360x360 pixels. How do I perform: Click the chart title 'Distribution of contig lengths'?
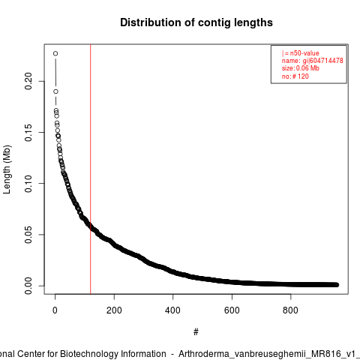coord(196,22)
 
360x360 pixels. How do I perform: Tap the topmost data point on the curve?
coord(55,53)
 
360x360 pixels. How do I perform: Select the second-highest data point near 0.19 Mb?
coord(55,91)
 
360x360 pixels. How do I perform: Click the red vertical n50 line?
coord(90,169)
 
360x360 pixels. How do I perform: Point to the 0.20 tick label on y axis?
coord(28,81)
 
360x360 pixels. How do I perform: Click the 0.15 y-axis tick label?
coord(28,132)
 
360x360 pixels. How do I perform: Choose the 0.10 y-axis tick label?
coord(28,184)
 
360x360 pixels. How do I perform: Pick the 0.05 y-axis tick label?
coord(28,235)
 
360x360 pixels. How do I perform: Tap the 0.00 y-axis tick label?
coord(28,286)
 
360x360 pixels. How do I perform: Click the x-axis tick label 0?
coord(55,310)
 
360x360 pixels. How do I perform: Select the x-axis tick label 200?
coord(114,310)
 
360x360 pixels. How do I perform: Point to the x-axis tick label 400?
coord(172,310)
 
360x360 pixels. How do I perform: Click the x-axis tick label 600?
coord(232,310)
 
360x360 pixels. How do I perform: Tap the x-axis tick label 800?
coord(290,310)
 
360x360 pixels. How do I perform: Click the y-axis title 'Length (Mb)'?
coord(7,169)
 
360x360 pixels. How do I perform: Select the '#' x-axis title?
coord(196,332)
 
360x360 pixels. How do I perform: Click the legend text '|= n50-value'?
coord(301,53)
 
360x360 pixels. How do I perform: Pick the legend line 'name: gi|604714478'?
coord(313,61)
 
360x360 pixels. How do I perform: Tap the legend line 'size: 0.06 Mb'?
coord(301,68)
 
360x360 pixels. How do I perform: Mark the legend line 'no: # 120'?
coord(295,76)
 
